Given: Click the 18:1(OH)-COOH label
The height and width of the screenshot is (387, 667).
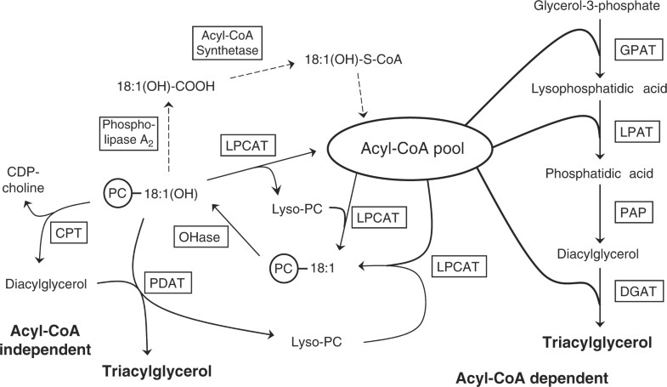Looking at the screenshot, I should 167,86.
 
